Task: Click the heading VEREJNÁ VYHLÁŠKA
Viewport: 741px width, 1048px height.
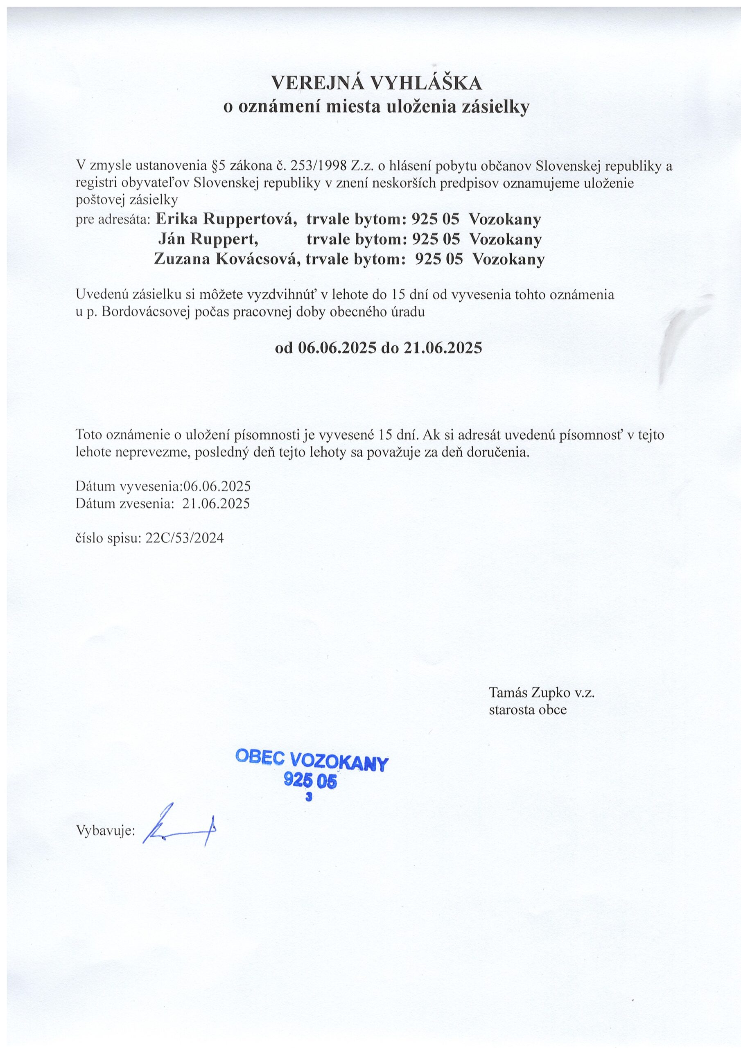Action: (x=376, y=83)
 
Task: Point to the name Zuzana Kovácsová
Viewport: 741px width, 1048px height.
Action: (x=227, y=259)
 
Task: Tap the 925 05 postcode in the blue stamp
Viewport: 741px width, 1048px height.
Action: (x=310, y=781)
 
